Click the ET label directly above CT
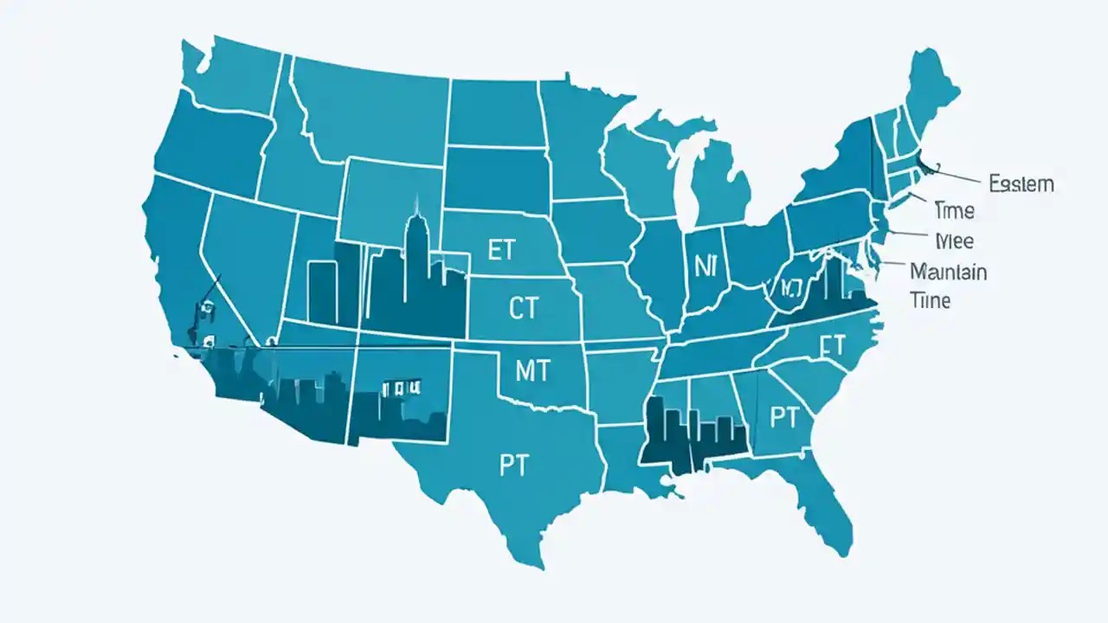501,251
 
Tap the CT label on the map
523,309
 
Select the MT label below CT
531,370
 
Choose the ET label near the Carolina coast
830,346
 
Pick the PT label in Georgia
783,418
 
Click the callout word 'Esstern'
1021,183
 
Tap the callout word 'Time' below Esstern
955,210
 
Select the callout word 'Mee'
956,240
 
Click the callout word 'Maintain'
948,272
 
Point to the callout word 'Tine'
931,300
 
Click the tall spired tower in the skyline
417,251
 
